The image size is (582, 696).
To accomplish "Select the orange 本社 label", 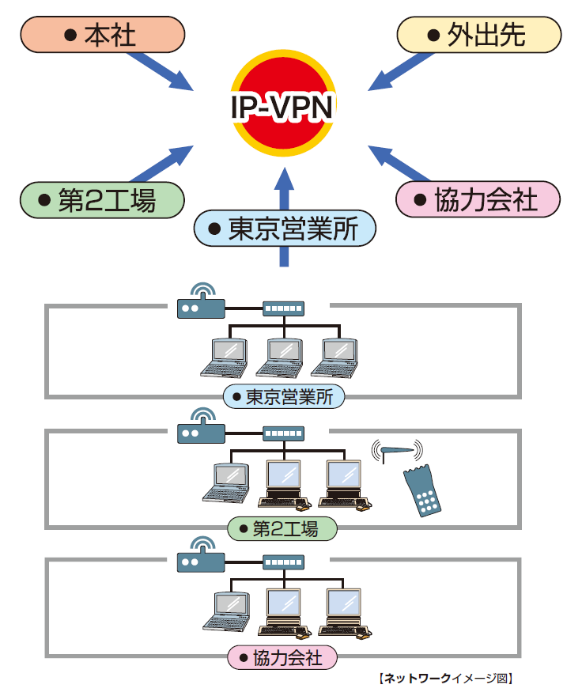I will pos(101,36).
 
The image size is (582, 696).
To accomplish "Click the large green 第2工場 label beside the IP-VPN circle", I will pos(101,199).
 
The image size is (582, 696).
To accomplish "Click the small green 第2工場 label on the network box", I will pos(282,528).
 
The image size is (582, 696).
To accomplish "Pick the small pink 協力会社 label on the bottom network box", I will pos(282,656).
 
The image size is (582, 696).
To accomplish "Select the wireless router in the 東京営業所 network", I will pos(201,304).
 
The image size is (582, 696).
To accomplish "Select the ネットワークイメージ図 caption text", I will pos(447,678).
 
